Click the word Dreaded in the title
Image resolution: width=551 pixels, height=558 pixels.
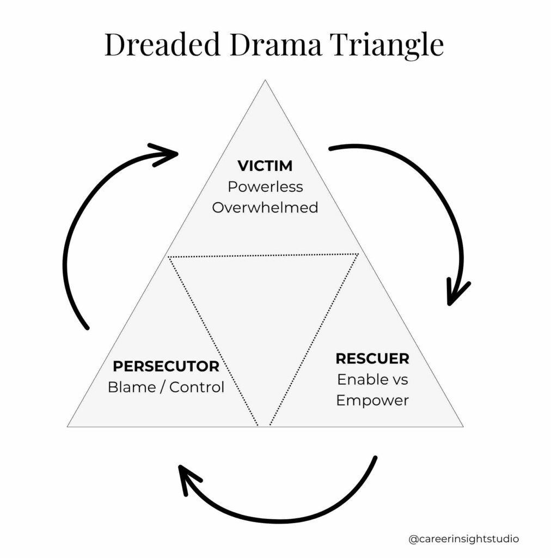(162, 45)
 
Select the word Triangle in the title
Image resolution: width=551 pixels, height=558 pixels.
(390, 46)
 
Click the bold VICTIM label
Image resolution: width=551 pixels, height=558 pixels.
(265, 166)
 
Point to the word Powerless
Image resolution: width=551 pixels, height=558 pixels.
(265, 186)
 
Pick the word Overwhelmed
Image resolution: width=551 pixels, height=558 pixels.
(265, 208)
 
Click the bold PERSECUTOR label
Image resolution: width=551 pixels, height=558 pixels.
(166, 366)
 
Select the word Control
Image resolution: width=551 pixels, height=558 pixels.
(197, 387)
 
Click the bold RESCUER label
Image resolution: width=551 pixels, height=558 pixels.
(372, 359)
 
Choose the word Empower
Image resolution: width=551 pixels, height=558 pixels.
(372, 401)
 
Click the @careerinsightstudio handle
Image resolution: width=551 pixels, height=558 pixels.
(464, 539)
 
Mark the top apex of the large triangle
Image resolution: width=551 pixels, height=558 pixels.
(265, 81)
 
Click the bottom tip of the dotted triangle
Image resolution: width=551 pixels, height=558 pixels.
(264, 426)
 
